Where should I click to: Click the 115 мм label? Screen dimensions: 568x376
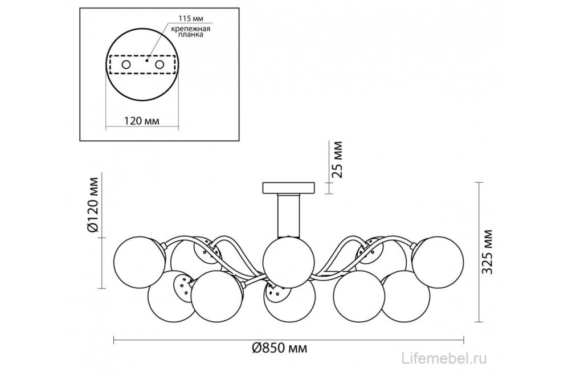click(x=190, y=18)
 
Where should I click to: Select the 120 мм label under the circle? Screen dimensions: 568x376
click(x=142, y=121)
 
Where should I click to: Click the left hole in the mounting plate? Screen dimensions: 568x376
click(x=126, y=64)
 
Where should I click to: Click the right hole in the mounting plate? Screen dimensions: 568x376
click(x=160, y=64)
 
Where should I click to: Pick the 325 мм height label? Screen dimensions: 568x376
click(x=488, y=252)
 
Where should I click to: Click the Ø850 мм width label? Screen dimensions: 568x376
click(x=280, y=348)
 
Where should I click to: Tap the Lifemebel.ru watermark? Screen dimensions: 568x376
click(x=445, y=358)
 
